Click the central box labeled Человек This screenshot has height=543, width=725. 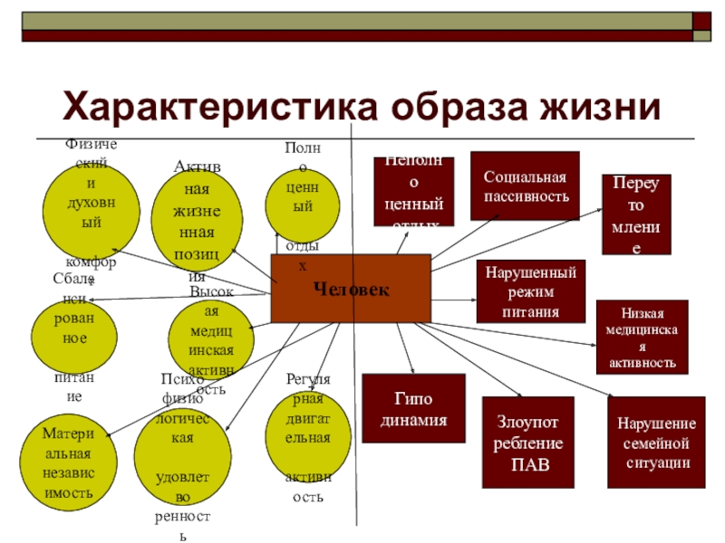pos(351,289)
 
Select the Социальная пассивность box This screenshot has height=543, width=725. pos(525,186)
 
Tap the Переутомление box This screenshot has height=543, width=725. pos(636,214)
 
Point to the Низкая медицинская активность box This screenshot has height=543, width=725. pos(642,337)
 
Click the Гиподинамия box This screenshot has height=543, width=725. pos(413,409)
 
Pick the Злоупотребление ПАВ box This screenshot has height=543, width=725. pos(528,443)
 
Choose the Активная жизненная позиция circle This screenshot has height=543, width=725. pos(197,218)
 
